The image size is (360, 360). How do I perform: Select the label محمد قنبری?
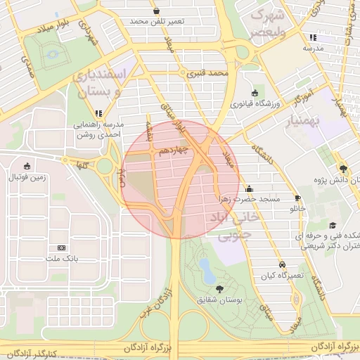(210, 72)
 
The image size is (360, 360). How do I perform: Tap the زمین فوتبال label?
(27, 177)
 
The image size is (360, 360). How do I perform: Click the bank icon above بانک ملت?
(60, 247)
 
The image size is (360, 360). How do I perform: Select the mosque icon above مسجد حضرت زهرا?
(249, 188)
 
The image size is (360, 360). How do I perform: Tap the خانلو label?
(298, 209)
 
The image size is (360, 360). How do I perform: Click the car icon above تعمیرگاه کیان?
(282, 264)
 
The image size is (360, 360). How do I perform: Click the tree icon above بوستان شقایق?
(221, 289)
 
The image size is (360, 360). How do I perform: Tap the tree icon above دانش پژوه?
(343, 169)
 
